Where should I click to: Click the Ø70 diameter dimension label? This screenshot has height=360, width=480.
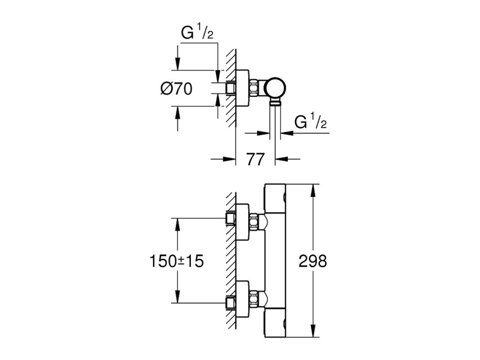(x=177, y=89)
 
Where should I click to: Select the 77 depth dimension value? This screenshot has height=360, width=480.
(x=255, y=159)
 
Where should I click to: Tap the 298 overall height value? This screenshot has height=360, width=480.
(x=313, y=262)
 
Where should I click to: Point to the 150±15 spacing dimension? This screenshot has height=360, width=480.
(x=176, y=262)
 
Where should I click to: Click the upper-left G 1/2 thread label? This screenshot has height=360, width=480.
(x=197, y=32)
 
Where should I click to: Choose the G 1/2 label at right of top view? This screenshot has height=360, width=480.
(x=310, y=121)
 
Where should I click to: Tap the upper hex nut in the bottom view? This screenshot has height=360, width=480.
(x=254, y=222)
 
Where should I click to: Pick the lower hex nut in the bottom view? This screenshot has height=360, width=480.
(x=254, y=299)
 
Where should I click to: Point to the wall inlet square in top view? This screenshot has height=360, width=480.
(x=231, y=89)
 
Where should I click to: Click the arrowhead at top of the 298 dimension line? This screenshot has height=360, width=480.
(x=313, y=190)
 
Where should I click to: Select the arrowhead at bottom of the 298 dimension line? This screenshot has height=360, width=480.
(x=313, y=331)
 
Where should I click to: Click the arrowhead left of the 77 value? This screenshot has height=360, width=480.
(x=229, y=159)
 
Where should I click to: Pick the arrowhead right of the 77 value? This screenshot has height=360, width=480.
(x=282, y=159)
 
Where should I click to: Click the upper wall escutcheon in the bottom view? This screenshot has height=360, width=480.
(x=242, y=222)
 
